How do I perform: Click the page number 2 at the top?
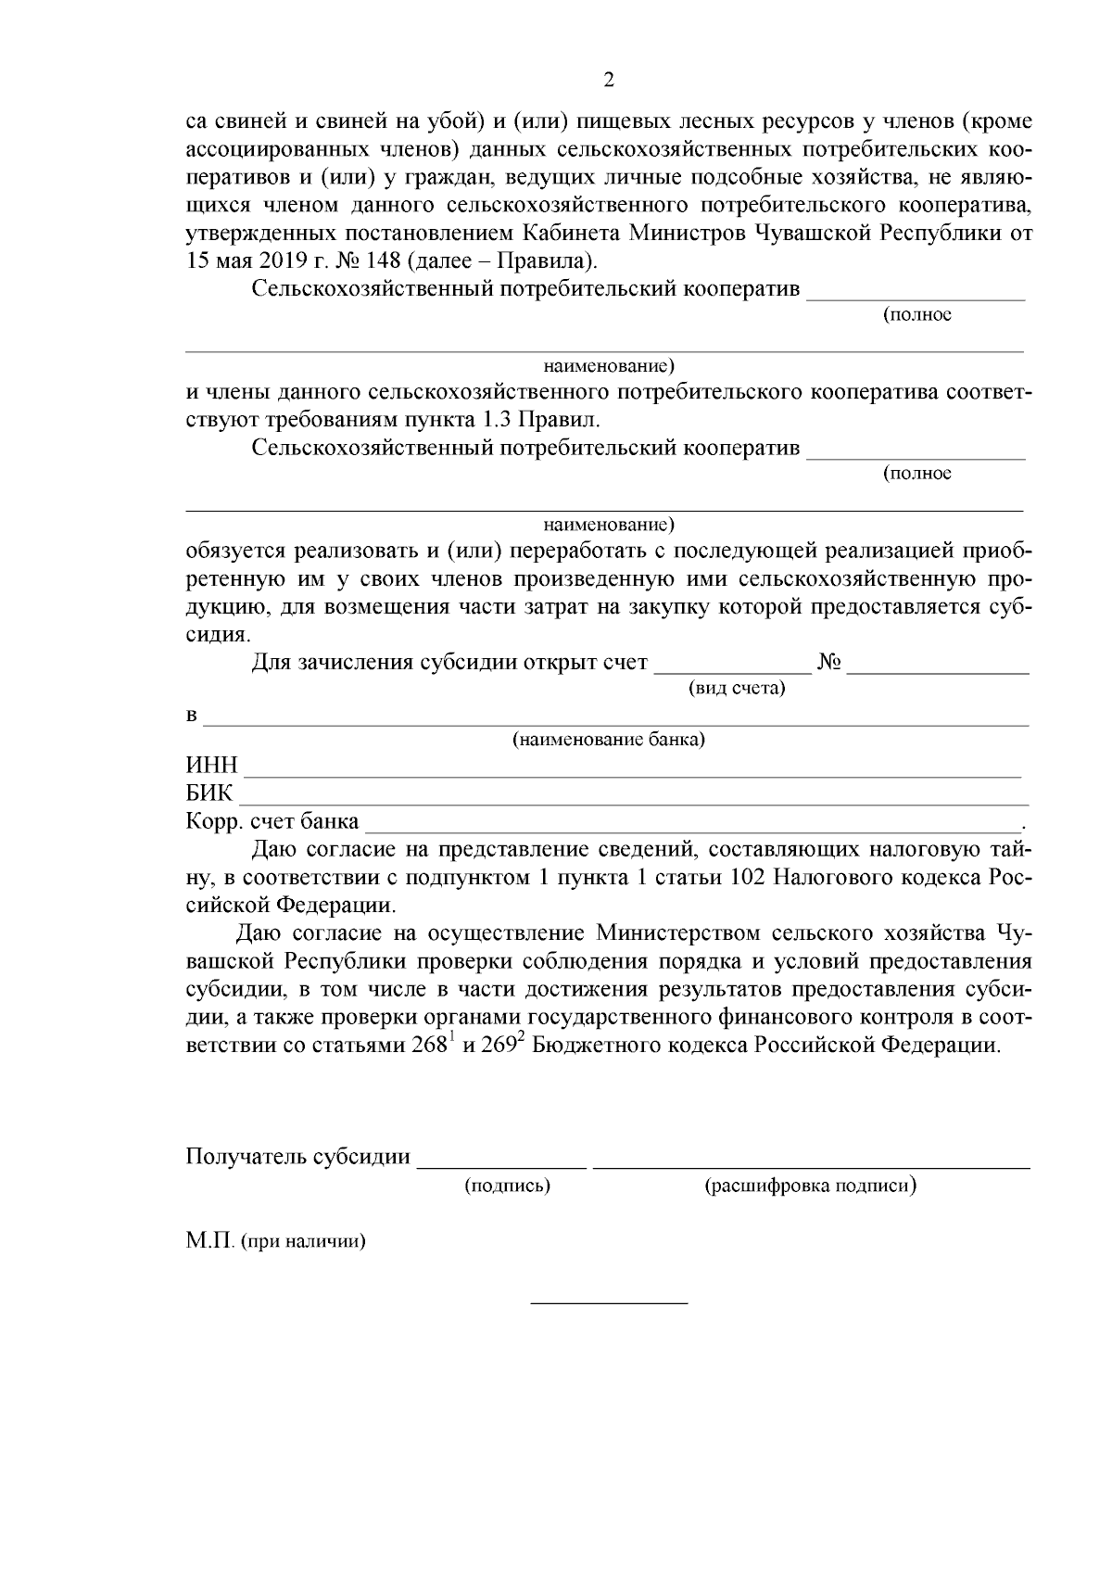[609, 80]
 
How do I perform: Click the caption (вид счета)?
[736, 689]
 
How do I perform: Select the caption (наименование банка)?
[609, 741]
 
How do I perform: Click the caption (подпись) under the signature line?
[506, 1185]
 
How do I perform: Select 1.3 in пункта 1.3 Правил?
[496, 419]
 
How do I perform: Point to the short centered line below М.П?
[609, 1303]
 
